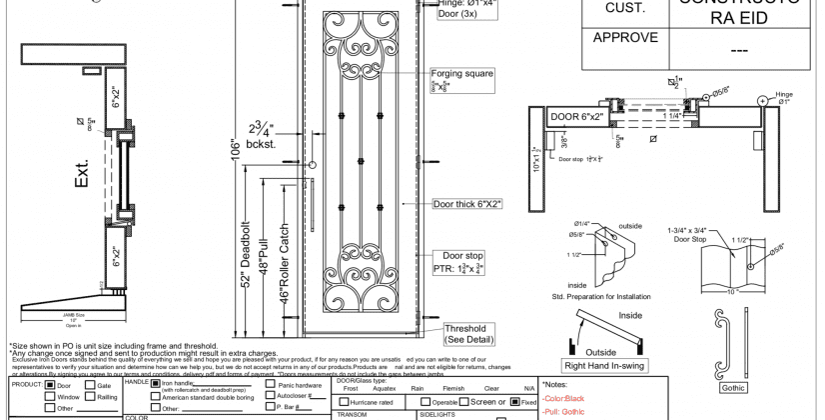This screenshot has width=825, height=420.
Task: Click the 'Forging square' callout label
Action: pos(462,74)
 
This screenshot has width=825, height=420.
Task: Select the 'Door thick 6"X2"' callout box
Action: pos(467,204)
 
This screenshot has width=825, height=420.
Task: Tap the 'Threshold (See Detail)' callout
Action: pos(465,334)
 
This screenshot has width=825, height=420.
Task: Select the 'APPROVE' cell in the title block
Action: pos(625,38)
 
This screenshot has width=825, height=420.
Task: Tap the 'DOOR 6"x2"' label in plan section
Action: pos(576,117)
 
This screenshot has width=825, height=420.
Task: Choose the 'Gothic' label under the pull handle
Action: pos(733,387)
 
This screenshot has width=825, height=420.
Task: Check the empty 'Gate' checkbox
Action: pos(89,385)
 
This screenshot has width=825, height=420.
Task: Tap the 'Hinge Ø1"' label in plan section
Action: pos(784,97)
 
